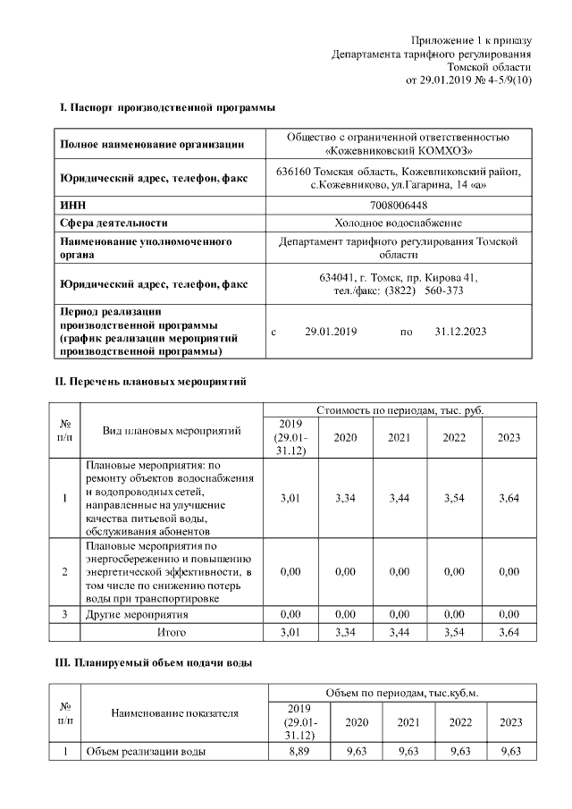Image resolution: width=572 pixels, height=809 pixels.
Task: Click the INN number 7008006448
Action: pyautogui.click(x=399, y=206)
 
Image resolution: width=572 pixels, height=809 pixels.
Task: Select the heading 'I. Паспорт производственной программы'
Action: pyautogui.click(x=167, y=108)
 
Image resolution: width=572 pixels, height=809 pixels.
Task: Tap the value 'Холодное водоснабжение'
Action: pyautogui.click(x=399, y=223)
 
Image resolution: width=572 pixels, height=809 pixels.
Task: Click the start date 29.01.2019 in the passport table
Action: pyautogui.click(x=331, y=332)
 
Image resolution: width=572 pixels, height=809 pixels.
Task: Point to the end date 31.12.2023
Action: pyautogui.click(x=460, y=332)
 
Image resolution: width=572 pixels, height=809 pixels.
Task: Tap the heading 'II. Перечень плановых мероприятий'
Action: pyautogui.click(x=152, y=382)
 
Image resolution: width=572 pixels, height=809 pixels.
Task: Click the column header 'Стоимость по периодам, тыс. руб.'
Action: pyautogui.click(x=400, y=409)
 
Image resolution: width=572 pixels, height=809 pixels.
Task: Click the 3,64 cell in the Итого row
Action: pyautogui.click(x=509, y=632)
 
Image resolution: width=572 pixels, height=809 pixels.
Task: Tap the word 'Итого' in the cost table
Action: pyautogui.click(x=172, y=632)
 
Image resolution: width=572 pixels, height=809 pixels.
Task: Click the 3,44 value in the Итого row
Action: pyautogui.click(x=399, y=632)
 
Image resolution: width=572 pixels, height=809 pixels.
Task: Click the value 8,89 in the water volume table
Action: pyautogui.click(x=299, y=752)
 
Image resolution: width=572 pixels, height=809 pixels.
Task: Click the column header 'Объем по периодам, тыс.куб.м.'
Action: pyautogui.click(x=402, y=693)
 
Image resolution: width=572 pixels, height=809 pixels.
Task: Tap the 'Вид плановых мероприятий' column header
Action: pyautogui.click(x=172, y=431)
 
